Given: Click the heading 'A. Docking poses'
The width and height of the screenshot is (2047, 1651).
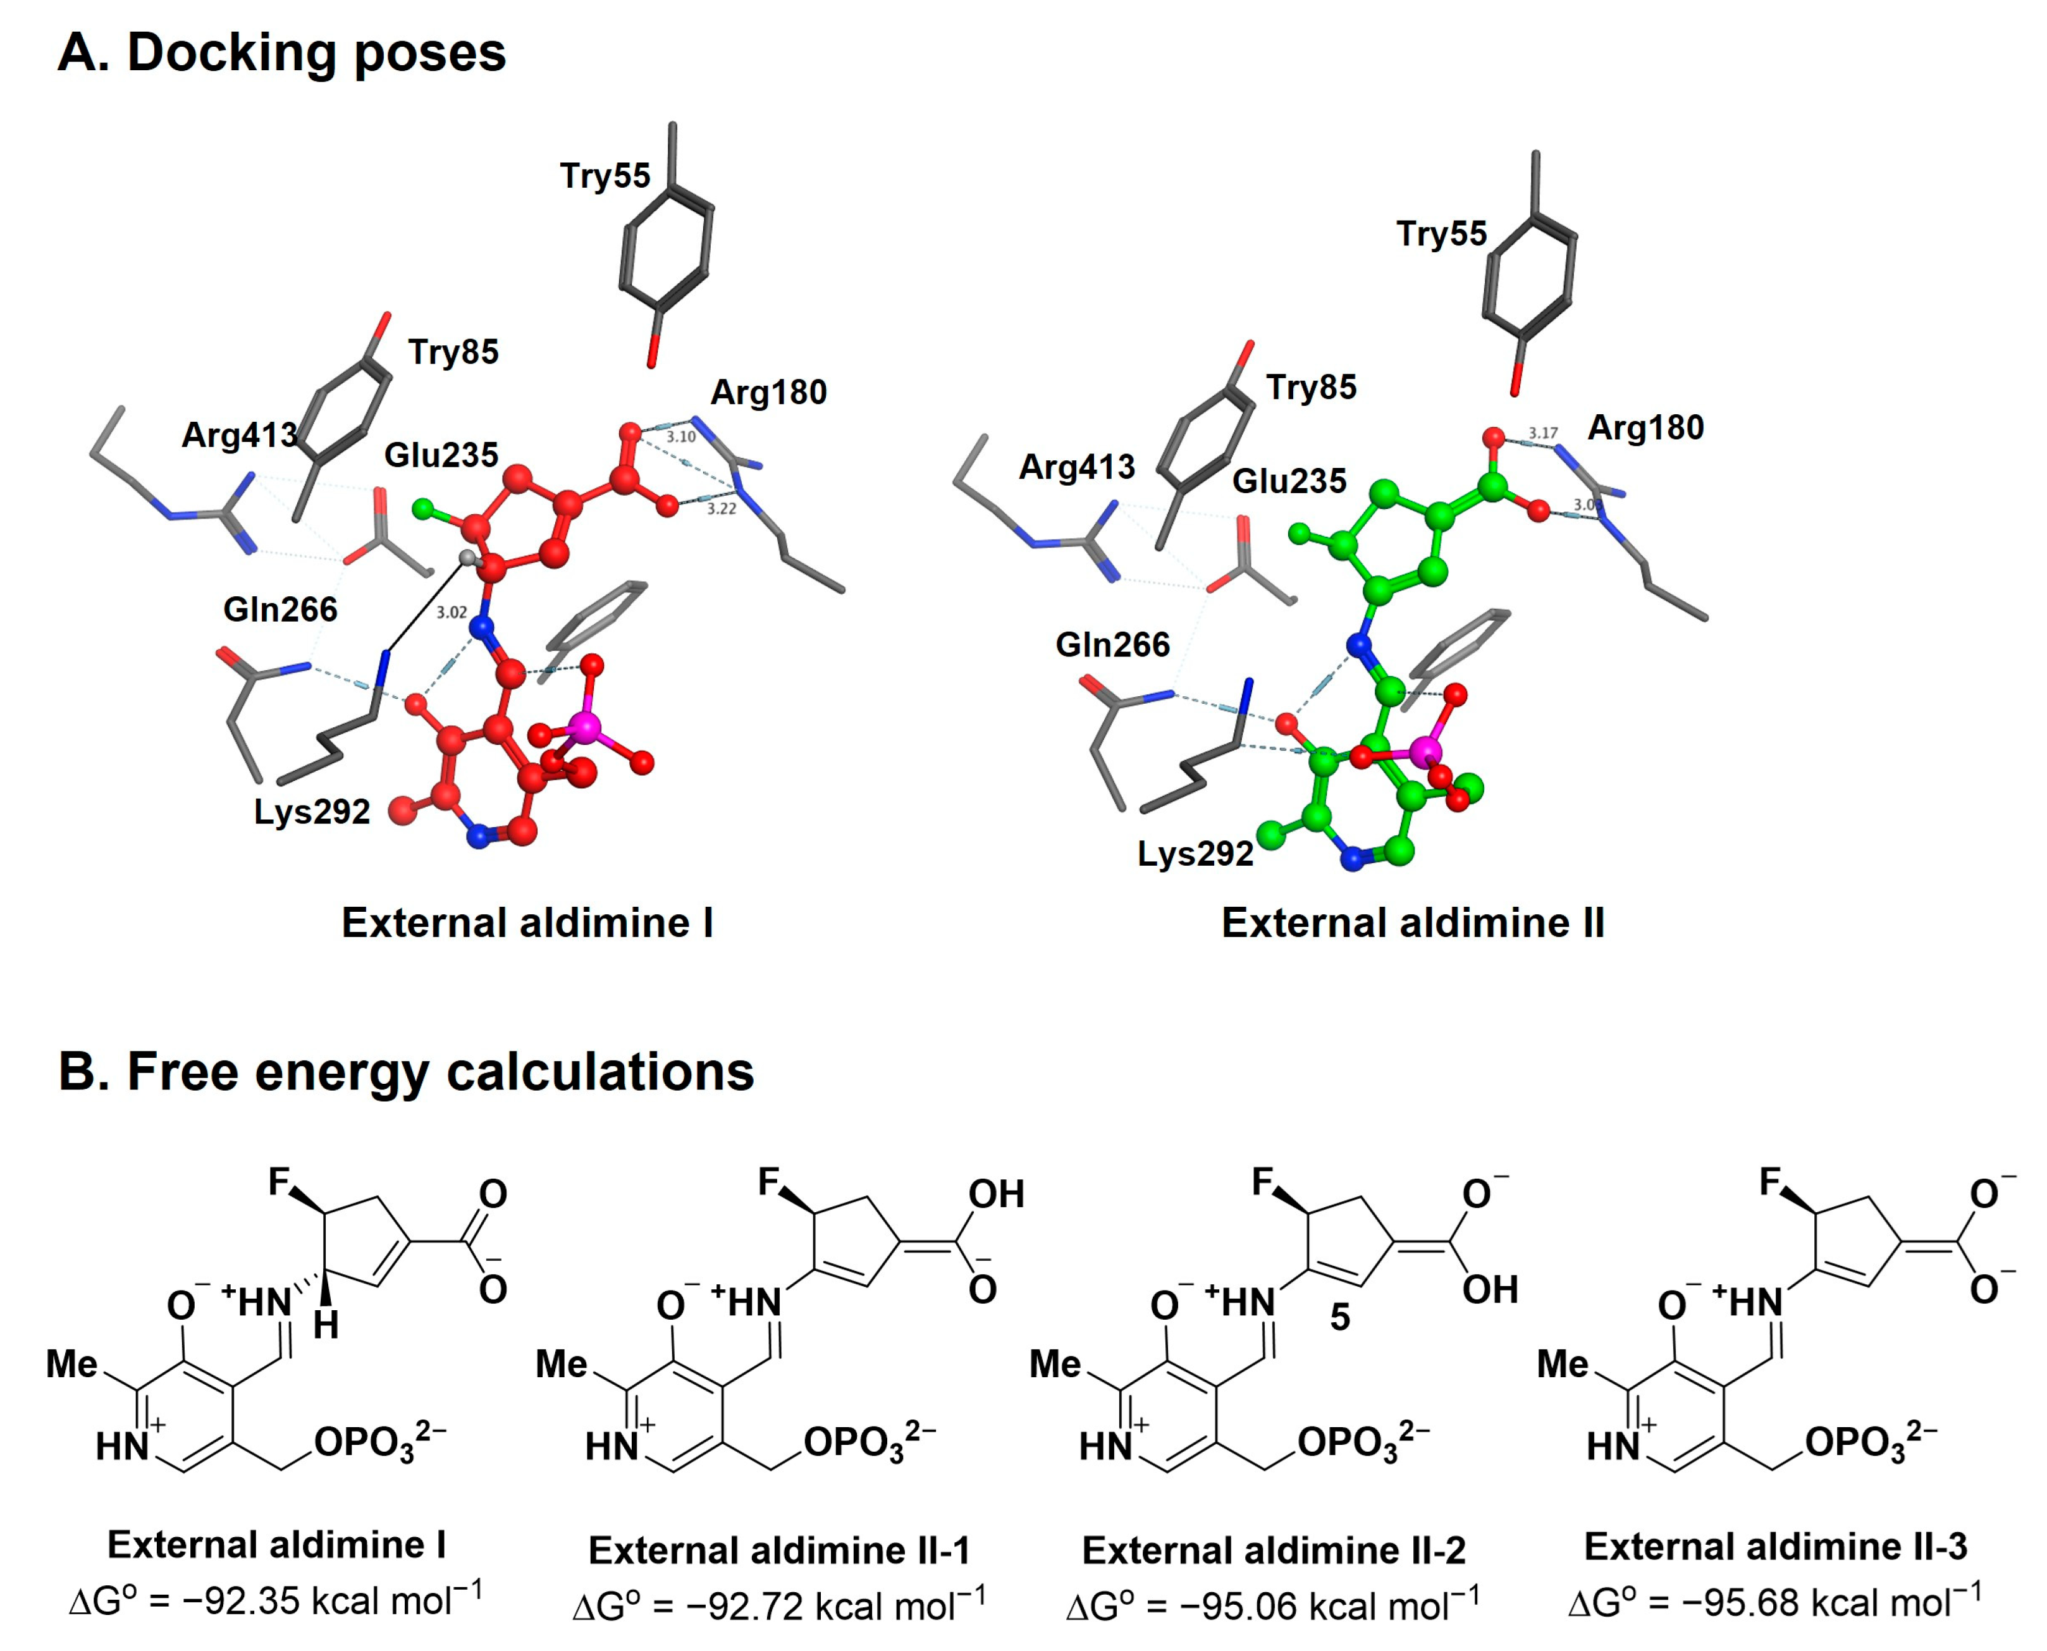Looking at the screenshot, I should click(x=281, y=53).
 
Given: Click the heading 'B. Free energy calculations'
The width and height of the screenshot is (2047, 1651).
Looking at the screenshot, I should click(x=406, y=1072).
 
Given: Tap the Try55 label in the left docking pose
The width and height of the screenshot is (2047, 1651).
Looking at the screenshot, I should click(x=605, y=176).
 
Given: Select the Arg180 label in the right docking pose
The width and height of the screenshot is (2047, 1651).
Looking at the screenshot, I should click(x=1645, y=428).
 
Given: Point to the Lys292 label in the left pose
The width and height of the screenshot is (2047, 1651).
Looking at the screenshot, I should click(x=312, y=812).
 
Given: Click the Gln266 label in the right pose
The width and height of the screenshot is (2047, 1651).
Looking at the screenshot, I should click(x=1112, y=646).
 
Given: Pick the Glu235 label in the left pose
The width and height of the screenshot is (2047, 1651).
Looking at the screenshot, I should click(x=441, y=455).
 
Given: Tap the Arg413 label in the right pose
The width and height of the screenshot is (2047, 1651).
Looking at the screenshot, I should click(x=1077, y=467).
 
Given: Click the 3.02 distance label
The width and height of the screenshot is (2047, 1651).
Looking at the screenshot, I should click(x=452, y=613).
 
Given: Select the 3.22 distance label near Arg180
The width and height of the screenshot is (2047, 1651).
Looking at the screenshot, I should click(x=721, y=510).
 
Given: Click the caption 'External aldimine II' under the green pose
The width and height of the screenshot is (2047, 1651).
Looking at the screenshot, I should click(x=1413, y=923).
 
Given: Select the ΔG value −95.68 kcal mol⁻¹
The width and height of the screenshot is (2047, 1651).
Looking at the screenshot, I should click(x=1775, y=1602).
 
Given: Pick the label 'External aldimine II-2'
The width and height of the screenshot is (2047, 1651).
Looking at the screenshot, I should click(x=1274, y=1551).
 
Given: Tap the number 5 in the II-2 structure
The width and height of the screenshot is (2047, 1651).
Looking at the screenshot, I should click(x=1339, y=1317).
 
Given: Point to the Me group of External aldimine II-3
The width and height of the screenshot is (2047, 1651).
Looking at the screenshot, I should click(x=1563, y=1365).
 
